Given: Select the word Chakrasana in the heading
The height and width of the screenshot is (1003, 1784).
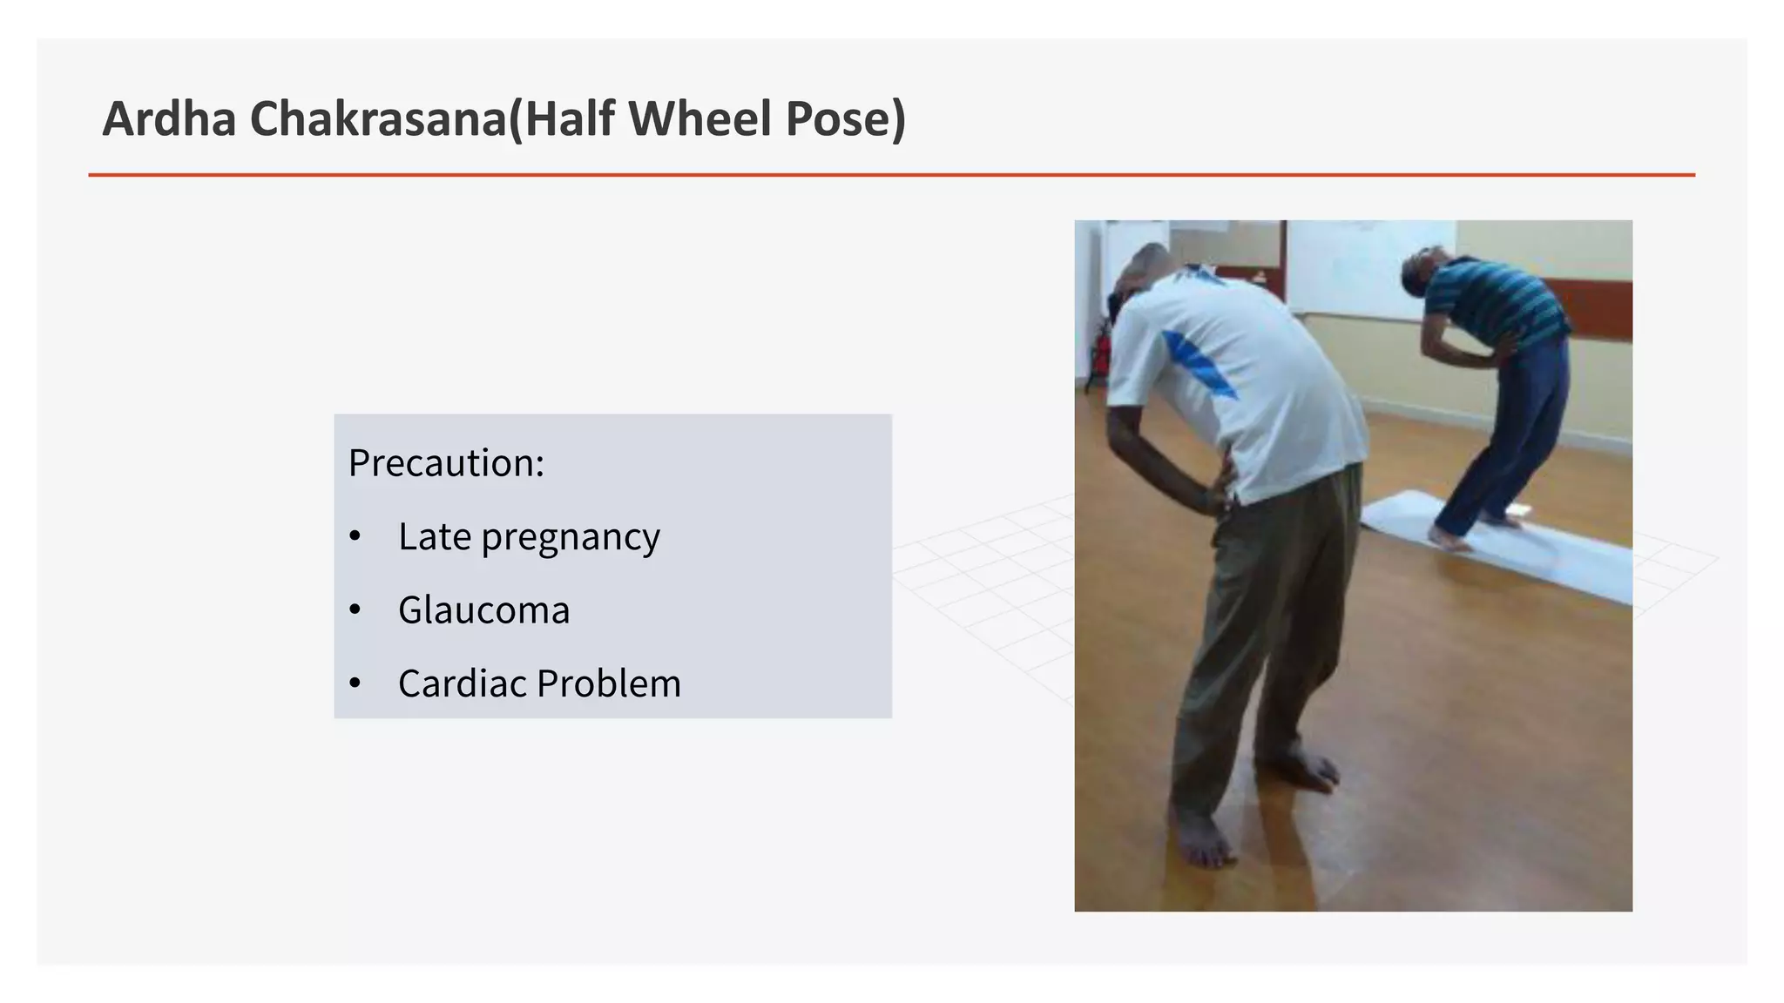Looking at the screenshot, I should (x=378, y=119).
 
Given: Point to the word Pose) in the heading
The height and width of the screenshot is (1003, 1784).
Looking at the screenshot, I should (x=846, y=119).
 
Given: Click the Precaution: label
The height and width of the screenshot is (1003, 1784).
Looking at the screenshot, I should (x=446, y=463).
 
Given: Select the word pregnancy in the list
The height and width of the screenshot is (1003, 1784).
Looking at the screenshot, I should (x=571, y=538).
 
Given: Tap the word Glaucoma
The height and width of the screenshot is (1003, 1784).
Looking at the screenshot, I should (x=483, y=610).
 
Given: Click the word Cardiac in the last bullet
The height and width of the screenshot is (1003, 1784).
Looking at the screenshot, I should (x=463, y=683).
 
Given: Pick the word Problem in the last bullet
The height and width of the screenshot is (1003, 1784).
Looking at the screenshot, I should (x=609, y=683).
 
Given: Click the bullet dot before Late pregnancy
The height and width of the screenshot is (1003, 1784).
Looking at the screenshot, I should (x=355, y=536).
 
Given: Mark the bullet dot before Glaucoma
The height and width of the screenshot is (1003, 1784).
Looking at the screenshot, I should (x=355, y=609).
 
